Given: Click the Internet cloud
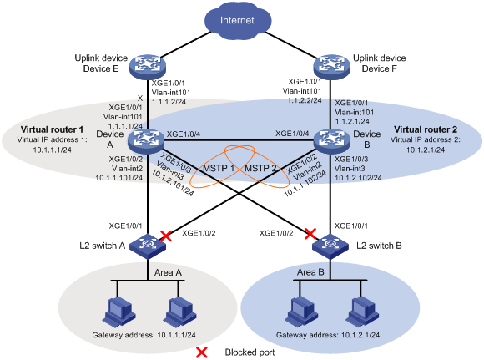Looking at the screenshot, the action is [x=238, y=21].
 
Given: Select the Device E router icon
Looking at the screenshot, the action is [x=147, y=67].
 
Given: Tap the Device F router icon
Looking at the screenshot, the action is [x=331, y=67].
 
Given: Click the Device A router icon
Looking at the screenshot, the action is [x=146, y=141].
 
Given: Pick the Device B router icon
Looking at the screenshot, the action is [x=331, y=141].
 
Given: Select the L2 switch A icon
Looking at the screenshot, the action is [x=147, y=246].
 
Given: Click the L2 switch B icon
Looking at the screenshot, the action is [x=330, y=246].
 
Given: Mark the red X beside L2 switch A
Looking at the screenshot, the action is [x=166, y=236].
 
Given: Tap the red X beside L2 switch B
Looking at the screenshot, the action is [x=310, y=234].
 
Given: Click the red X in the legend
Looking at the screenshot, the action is [x=202, y=352].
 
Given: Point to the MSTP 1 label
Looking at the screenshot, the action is [x=219, y=169].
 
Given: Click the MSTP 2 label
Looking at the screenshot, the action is [x=260, y=169].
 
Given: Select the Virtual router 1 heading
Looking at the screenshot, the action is [x=52, y=129].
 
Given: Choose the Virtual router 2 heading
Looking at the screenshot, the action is [x=426, y=129].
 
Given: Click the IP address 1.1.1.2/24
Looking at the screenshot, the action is [x=169, y=102].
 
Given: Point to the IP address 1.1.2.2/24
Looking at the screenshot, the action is [x=305, y=100].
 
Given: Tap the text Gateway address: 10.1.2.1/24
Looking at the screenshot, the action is [x=328, y=335].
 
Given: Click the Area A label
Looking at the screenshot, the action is [x=168, y=272].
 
